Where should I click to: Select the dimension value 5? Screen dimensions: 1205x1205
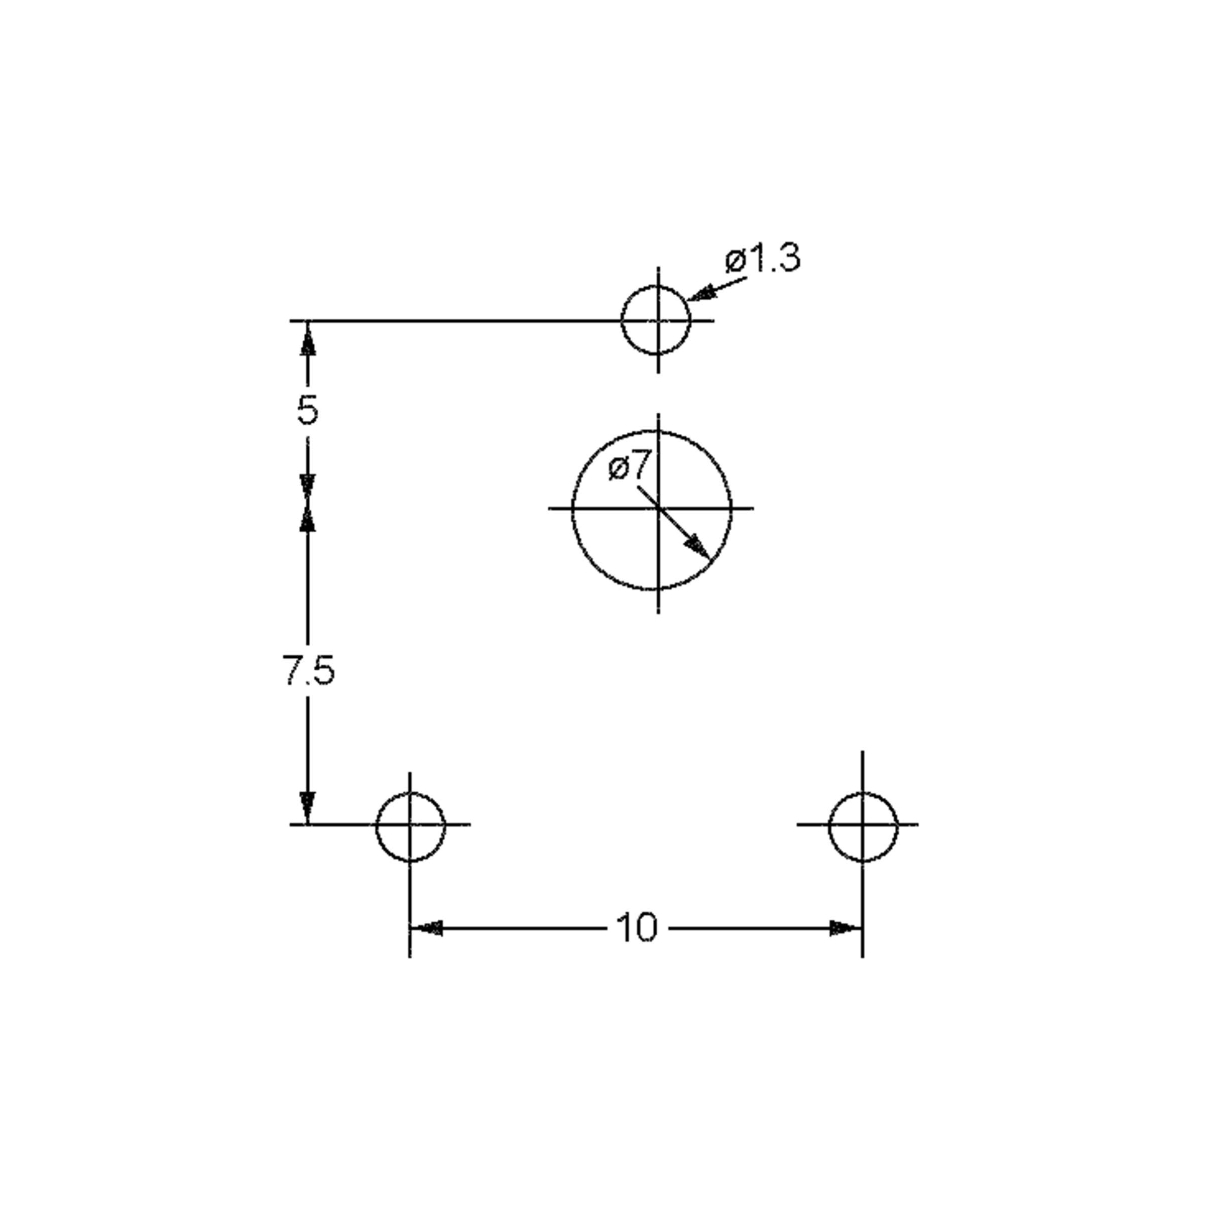pyautogui.click(x=307, y=410)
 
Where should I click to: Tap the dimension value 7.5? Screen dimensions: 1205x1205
pyautogui.click(x=308, y=670)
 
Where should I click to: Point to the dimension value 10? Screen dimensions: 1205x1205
pyautogui.click(x=636, y=927)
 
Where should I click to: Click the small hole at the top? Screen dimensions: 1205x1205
pyautogui.click(x=657, y=320)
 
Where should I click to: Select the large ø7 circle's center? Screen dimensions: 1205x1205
pyautogui.click(x=659, y=508)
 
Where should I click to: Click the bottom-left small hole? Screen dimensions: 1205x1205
pyautogui.click(x=410, y=827)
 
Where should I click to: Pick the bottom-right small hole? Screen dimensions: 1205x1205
pyautogui.click(x=863, y=827)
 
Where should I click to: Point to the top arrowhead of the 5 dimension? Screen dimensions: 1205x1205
pyautogui.click(x=307, y=340)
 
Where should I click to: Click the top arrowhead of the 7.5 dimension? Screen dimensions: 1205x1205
pyautogui.click(x=307, y=517)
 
